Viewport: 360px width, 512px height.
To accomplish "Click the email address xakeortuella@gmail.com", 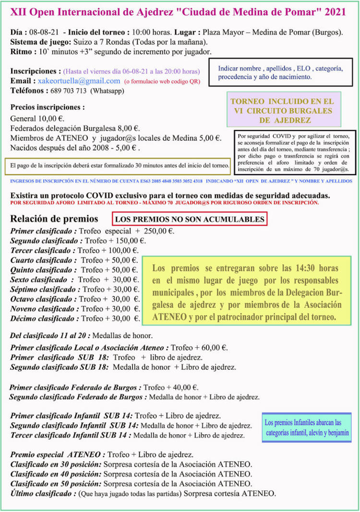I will click(79, 81).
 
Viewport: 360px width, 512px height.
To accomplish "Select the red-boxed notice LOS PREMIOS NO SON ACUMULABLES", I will click(190, 219).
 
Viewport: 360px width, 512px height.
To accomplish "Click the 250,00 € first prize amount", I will click(158, 231).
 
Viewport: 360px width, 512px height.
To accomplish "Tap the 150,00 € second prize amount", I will click(131, 241).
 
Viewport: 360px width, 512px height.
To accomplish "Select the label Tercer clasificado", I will click(43, 250).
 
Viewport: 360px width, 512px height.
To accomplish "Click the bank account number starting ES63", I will click(166, 181).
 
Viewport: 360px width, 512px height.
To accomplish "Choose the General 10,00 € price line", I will click(37, 119).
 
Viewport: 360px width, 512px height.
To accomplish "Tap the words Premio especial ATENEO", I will click(58, 454).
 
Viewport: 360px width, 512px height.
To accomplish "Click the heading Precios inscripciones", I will click(48, 107).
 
